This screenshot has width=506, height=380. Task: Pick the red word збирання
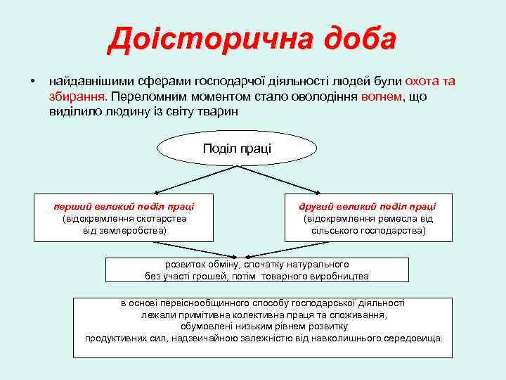[77, 96]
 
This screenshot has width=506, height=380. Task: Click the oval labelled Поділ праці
[237, 148]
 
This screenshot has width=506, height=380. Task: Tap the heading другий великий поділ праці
[368, 206]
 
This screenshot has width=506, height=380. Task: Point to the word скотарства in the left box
[162, 218]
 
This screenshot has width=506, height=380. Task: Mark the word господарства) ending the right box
[396, 230]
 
